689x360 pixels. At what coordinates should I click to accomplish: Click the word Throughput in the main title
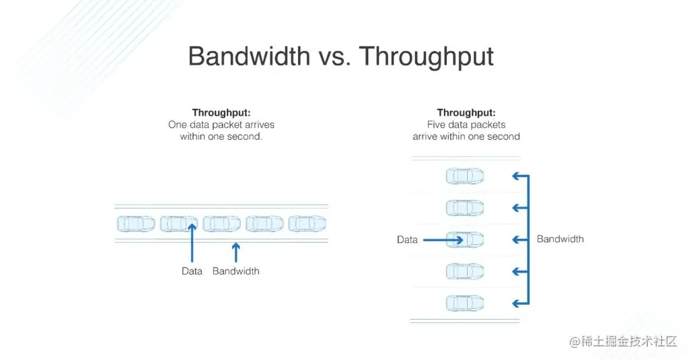[x=427, y=57]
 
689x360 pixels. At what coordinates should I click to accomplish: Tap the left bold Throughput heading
[x=221, y=112]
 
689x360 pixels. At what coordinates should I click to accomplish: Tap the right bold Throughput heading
[x=466, y=112]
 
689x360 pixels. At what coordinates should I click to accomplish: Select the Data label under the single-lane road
[x=192, y=271]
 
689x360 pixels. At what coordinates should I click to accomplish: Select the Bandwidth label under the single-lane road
[x=235, y=271]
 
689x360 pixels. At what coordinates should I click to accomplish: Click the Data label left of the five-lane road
[x=407, y=240]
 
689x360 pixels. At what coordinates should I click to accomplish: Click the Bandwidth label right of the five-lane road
[x=560, y=239]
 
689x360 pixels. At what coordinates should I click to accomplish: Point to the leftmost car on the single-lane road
[x=136, y=223]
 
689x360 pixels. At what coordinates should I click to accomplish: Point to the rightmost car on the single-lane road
[x=307, y=223]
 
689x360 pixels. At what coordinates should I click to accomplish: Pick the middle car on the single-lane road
[x=221, y=223]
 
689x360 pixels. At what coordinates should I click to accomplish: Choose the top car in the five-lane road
[x=465, y=176]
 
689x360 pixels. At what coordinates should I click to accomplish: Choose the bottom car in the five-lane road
[x=465, y=303]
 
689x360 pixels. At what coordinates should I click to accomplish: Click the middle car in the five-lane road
[x=465, y=240]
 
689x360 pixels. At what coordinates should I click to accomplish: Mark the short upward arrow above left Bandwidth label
[x=235, y=252]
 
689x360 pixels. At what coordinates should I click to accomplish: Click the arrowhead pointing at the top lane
[x=516, y=176]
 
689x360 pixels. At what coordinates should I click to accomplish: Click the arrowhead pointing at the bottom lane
[x=516, y=303]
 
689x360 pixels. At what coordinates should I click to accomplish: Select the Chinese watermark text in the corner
[x=623, y=342]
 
